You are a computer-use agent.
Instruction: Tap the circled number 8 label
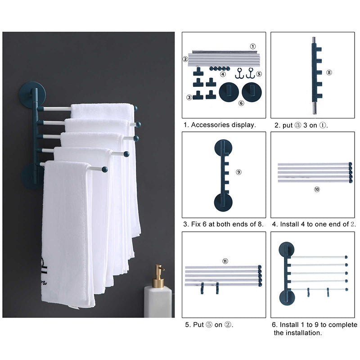click(329, 72)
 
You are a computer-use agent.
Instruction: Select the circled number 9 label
click(238, 171)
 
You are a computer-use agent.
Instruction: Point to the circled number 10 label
click(317, 189)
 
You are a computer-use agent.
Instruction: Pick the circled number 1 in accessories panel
click(252, 46)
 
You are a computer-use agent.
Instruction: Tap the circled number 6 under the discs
click(241, 103)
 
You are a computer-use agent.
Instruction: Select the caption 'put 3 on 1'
click(301, 125)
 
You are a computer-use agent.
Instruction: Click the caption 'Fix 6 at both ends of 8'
click(223, 224)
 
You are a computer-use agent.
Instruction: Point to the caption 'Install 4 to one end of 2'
click(313, 224)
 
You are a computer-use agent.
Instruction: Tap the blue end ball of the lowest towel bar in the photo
click(104, 170)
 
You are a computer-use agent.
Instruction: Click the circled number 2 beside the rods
click(185, 58)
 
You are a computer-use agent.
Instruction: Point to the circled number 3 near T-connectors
click(189, 96)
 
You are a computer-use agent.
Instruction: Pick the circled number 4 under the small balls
click(223, 74)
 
